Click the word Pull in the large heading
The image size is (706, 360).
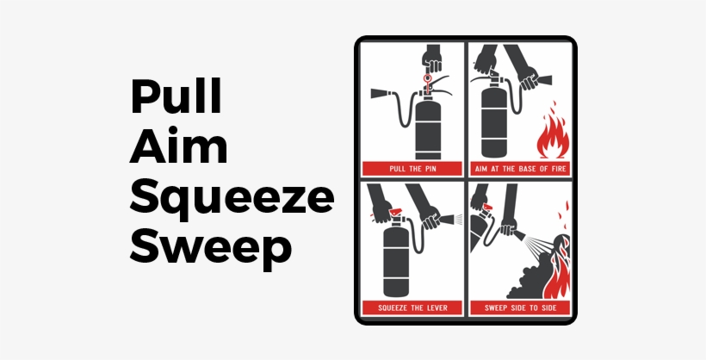176,96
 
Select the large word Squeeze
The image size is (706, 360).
232,198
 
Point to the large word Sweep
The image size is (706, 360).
211,248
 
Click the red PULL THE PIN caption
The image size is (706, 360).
412,168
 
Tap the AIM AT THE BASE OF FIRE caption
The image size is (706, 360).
519,168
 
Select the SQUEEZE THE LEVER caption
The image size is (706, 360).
412,307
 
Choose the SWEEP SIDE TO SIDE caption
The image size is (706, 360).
519,307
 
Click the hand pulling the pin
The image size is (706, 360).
431,59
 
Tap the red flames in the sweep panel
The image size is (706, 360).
555,271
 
